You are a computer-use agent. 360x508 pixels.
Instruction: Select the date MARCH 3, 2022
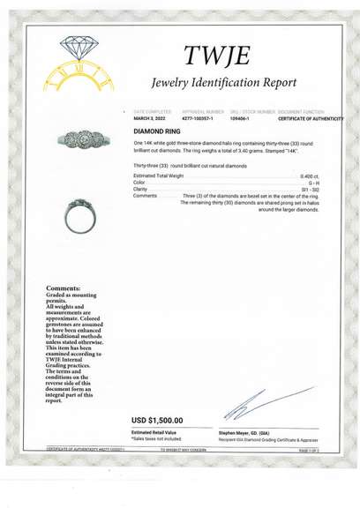tap(151, 118)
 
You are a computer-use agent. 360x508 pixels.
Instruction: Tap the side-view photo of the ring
tap(79, 214)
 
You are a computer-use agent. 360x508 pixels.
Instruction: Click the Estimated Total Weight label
tap(159, 176)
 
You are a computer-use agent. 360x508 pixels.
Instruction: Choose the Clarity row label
tap(140, 189)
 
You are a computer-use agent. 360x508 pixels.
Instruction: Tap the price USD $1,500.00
tap(158, 420)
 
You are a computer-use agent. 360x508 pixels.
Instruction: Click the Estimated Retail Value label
tap(154, 432)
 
